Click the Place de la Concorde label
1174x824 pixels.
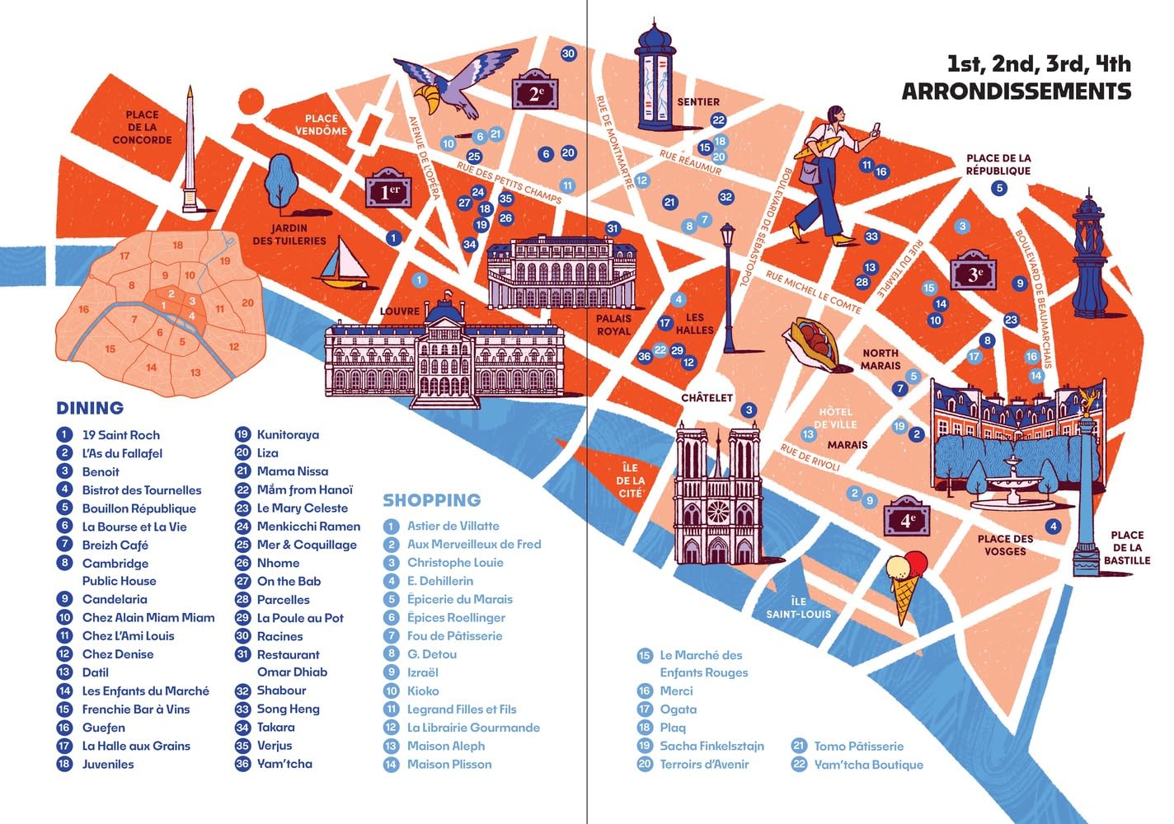pos(142,127)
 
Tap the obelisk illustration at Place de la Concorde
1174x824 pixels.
pos(190,152)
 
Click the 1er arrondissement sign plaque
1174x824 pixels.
pos(388,190)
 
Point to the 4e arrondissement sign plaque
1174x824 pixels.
pos(906,518)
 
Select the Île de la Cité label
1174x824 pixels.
pos(630,480)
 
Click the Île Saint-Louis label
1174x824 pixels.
pos(798,607)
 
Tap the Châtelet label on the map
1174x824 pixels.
pos(707,398)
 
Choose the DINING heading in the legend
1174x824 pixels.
pos(90,408)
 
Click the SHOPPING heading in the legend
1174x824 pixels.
pos(431,500)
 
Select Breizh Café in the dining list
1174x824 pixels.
pos(115,545)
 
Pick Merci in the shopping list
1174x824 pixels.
pos(676,691)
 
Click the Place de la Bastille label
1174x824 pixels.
pos(1126,547)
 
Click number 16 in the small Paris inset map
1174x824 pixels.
pos(83,310)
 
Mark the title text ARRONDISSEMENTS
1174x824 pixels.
pos(1016,91)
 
